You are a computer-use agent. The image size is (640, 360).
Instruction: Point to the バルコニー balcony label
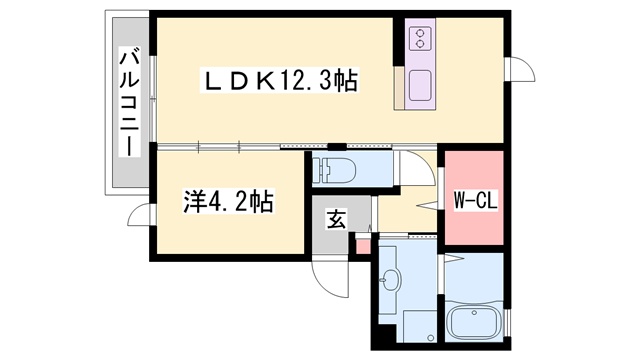point(128,104)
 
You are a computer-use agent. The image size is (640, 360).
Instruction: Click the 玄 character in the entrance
point(337,220)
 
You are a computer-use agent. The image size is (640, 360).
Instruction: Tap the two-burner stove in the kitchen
point(419,39)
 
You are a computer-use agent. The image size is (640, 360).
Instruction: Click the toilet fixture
point(332,169)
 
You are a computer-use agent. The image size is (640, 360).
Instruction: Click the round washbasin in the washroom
point(392,280)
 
